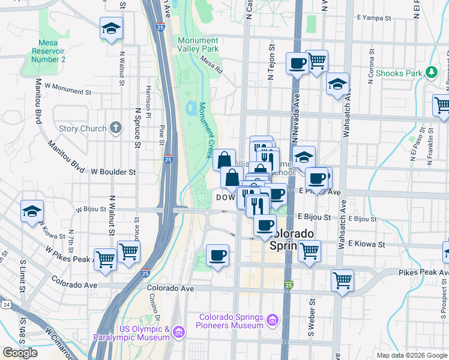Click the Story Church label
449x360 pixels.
[83, 128]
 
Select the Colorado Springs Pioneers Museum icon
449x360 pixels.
[273, 321]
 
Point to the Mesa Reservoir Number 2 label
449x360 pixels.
[47, 51]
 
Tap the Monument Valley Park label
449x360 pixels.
[198, 44]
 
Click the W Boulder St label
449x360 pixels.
[113, 172]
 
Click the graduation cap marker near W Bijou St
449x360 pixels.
[32, 211]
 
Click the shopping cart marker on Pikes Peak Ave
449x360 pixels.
[342, 280]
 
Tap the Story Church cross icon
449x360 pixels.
[116, 128]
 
